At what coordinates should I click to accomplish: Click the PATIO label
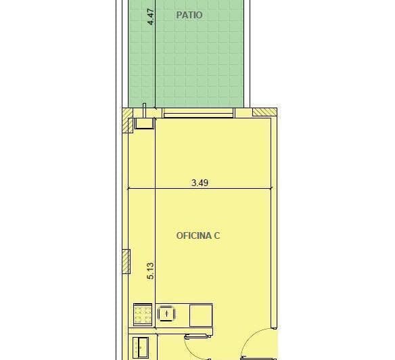189,15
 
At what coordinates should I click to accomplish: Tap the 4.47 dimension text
151,16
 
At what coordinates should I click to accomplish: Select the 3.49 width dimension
200,182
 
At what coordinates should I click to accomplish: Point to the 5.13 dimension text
151,271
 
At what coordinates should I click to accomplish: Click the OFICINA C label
198,235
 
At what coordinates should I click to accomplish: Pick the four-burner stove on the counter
143,314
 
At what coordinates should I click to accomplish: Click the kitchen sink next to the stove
166,314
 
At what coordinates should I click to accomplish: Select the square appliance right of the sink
201,315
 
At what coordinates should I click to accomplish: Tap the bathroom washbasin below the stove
142,347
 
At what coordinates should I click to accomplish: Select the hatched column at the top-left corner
126,126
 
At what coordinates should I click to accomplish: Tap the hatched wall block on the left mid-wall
126,261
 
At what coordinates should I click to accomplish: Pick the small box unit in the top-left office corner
143,122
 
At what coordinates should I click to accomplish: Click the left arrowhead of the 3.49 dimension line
129,188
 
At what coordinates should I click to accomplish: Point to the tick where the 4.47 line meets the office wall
156,108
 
